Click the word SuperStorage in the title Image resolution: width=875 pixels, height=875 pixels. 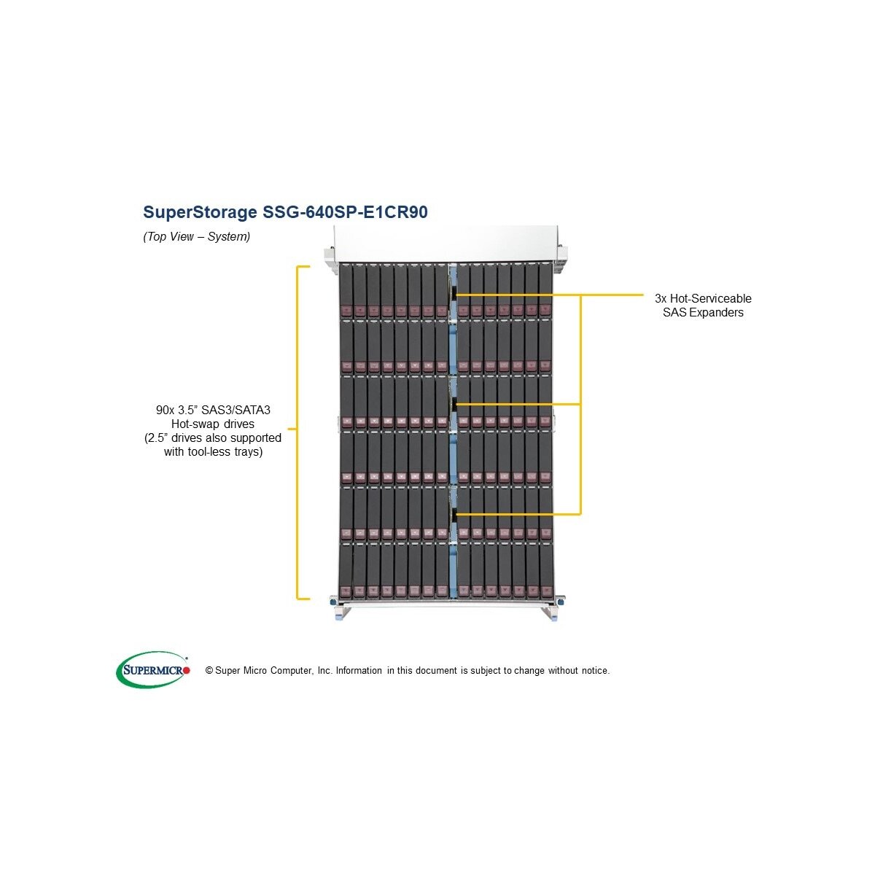coord(200,212)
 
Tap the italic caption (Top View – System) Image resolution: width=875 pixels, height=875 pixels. coord(196,236)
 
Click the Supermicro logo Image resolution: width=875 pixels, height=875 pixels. coord(152,669)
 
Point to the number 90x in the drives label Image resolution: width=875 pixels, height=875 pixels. coord(165,410)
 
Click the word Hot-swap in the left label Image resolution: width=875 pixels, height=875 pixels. coord(197,424)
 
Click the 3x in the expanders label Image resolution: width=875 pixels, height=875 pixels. coord(661,298)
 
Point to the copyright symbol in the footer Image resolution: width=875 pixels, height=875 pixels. coord(209,671)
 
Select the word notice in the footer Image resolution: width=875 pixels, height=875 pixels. coord(594,671)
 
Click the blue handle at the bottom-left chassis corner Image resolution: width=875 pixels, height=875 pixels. coord(338,615)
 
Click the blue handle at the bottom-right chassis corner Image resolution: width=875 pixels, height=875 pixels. coord(555,615)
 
